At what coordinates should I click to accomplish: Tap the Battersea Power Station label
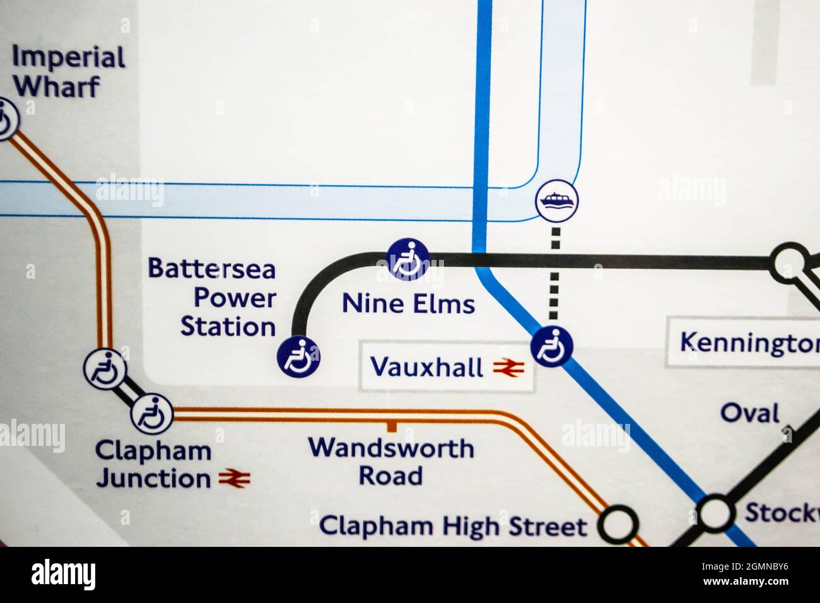(x=213, y=298)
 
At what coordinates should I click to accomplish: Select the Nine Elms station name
(x=408, y=304)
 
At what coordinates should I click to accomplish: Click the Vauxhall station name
(x=426, y=366)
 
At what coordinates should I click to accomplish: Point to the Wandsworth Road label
(x=391, y=462)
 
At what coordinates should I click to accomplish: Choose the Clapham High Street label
(x=453, y=526)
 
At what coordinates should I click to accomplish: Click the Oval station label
(x=750, y=414)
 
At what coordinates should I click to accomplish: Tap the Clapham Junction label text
(x=153, y=465)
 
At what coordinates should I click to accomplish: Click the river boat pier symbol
(x=556, y=201)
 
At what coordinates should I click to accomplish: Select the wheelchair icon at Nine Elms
(x=408, y=259)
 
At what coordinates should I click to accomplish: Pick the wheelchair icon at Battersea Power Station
(x=298, y=356)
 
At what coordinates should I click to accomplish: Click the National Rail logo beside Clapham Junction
(x=235, y=479)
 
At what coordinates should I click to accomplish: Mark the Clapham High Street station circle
(x=618, y=525)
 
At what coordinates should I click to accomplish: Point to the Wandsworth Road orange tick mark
(x=392, y=427)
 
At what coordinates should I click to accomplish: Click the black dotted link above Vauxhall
(x=554, y=274)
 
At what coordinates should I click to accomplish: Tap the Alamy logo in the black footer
(x=63, y=575)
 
